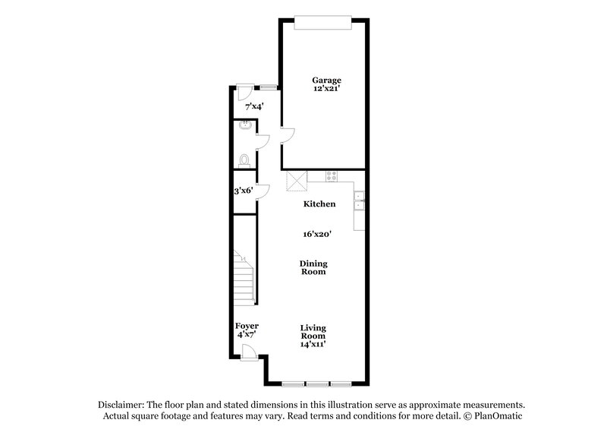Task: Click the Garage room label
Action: point(327,80)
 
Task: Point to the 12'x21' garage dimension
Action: point(327,89)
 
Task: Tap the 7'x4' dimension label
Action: point(244,107)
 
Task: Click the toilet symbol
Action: point(243,159)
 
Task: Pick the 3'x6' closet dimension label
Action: point(243,191)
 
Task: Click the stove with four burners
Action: point(332,176)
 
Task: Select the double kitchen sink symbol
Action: point(359,200)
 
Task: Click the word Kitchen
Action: point(319,204)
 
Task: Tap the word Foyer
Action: point(247,326)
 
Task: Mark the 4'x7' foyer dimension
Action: point(247,334)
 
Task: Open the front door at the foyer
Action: point(248,351)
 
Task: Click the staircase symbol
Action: point(243,277)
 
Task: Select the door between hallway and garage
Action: point(287,137)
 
